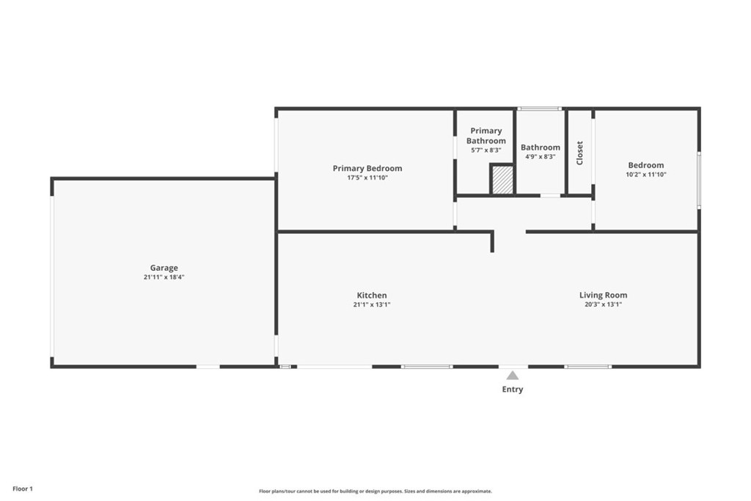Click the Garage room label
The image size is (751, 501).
(x=164, y=268)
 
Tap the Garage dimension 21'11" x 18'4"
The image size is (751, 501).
(x=164, y=277)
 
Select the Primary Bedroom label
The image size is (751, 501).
(x=367, y=168)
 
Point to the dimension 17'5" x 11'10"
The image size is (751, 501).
(x=367, y=178)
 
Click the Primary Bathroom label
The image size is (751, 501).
(x=486, y=136)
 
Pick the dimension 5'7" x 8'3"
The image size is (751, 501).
(x=486, y=150)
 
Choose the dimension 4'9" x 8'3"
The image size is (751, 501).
(x=541, y=157)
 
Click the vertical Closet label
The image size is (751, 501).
(x=579, y=153)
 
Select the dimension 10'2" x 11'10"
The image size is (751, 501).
(x=646, y=175)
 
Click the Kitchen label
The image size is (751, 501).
(x=372, y=296)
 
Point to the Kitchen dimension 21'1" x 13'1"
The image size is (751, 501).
(x=372, y=304)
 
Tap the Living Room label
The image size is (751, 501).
(x=603, y=295)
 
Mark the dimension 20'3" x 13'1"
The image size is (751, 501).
(x=603, y=304)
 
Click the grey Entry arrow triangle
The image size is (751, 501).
(x=513, y=376)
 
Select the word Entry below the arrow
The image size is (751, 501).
(x=513, y=390)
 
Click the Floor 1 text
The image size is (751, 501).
(x=23, y=489)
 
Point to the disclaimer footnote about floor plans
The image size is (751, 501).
(x=375, y=491)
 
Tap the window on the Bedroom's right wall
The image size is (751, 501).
(x=699, y=180)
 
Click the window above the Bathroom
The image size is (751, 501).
(x=540, y=109)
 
